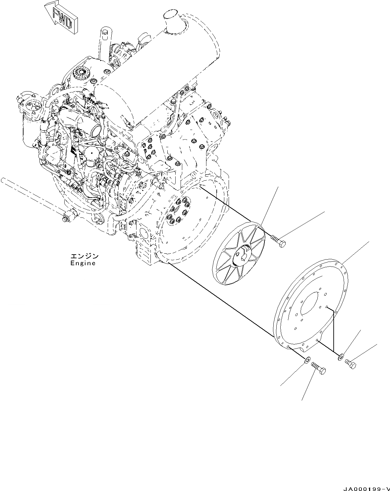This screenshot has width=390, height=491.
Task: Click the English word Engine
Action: [x=83, y=263]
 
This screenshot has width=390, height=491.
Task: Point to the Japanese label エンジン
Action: [x=84, y=256]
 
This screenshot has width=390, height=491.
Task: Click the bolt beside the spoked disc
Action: [x=279, y=242]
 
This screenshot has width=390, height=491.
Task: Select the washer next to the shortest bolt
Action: [x=341, y=357]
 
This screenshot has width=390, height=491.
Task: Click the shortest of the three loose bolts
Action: [x=351, y=363]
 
